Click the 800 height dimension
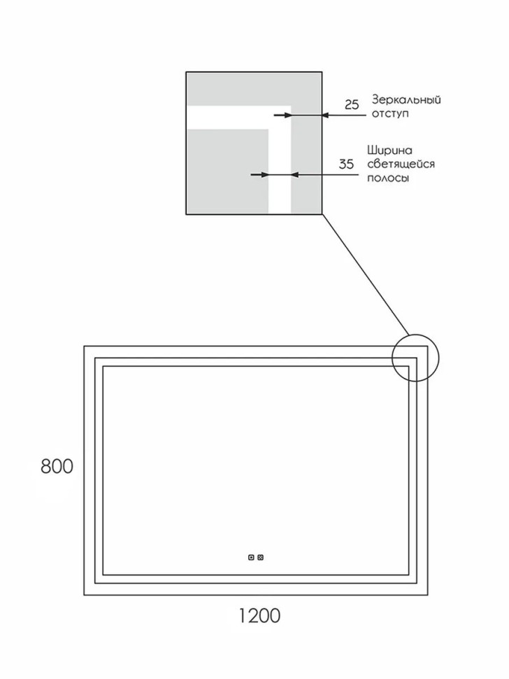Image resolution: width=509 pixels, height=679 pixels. pyautogui.click(x=57, y=466)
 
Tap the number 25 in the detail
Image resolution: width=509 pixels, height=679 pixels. pyautogui.click(x=352, y=104)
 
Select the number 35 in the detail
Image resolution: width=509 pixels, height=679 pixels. pyautogui.click(x=346, y=164)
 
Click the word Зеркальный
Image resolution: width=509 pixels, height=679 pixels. pyautogui.click(x=406, y=101)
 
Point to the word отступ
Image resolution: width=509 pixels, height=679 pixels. pyautogui.click(x=390, y=114)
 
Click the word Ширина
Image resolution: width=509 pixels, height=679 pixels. pyautogui.click(x=389, y=150)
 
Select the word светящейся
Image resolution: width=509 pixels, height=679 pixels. pyautogui.click(x=401, y=164)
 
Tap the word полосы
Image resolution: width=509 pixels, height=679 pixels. pyautogui.click(x=388, y=178)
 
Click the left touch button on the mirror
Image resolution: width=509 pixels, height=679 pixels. pyautogui.click(x=251, y=557)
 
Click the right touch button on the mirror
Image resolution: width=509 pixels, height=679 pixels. pyautogui.click(x=260, y=557)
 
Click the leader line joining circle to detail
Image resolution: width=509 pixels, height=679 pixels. pyautogui.click(x=366, y=275)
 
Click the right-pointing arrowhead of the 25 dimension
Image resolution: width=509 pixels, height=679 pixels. pyautogui.click(x=287, y=115)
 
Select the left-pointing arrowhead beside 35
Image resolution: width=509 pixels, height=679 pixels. pyautogui.click(x=294, y=174)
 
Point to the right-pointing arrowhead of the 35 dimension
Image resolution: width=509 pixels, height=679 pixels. pyautogui.click(x=264, y=174)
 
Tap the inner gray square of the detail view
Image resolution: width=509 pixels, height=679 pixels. pyautogui.click(x=228, y=171)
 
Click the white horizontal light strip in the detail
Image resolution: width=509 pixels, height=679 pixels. pyautogui.click(x=238, y=118)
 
